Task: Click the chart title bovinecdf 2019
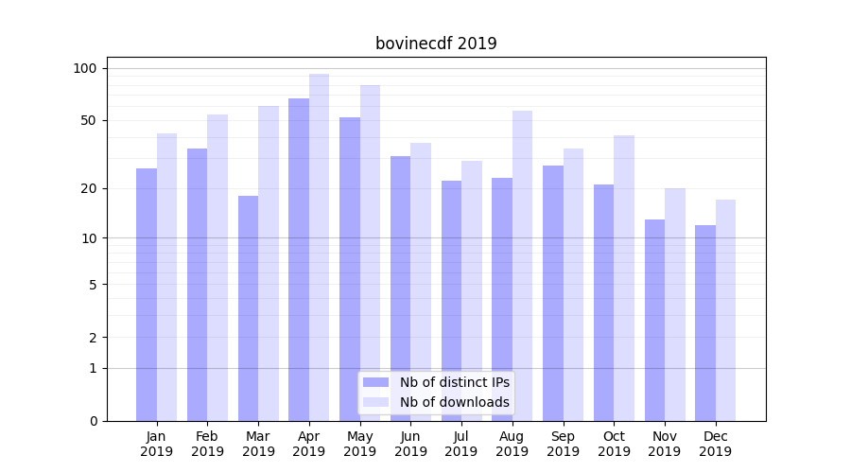[436, 44]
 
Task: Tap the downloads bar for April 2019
[319, 247]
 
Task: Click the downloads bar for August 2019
[522, 265]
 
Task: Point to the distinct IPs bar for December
[705, 323]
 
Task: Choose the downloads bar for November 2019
[674, 304]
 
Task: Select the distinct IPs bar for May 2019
[350, 269]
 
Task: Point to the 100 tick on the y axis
[85, 68]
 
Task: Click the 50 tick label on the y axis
[88, 120]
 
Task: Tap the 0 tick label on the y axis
[93, 421]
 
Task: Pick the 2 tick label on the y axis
[93, 337]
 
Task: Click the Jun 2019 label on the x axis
[410, 444]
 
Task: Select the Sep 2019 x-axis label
[563, 444]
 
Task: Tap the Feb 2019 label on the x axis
[207, 444]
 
